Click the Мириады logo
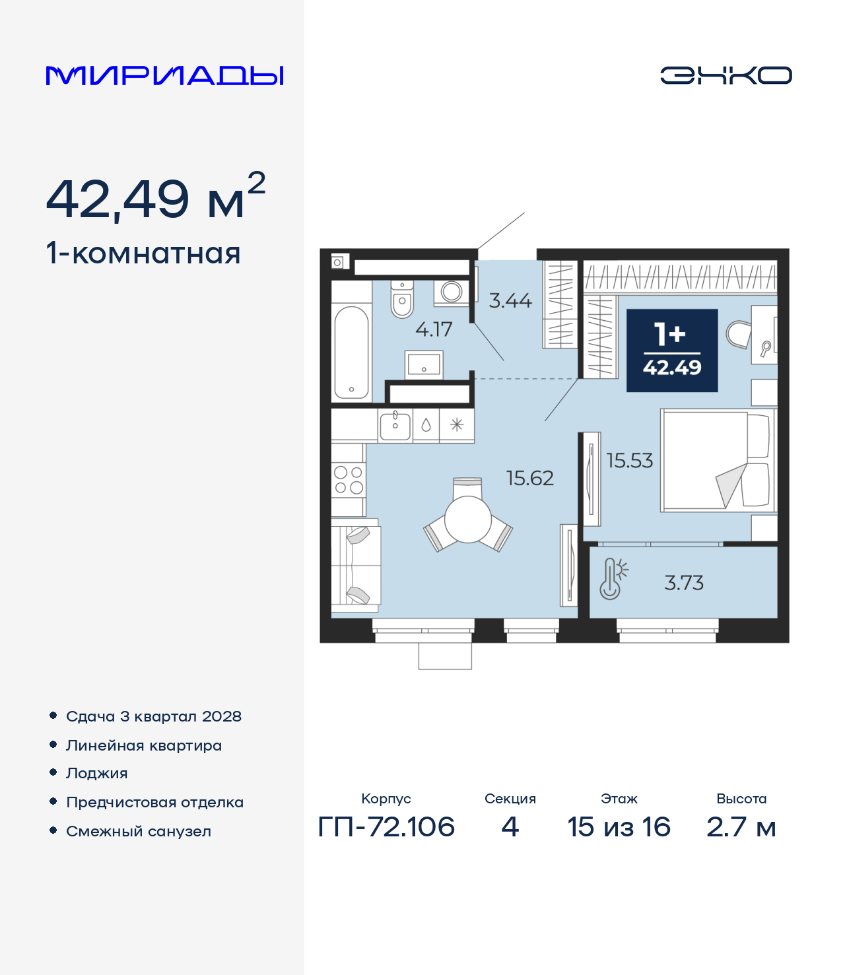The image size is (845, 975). click(164, 75)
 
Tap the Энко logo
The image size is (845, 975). click(726, 75)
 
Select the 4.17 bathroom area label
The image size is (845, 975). click(434, 329)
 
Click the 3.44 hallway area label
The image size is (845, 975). click(510, 300)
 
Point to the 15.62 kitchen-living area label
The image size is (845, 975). click(530, 479)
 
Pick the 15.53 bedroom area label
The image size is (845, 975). click(630, 460)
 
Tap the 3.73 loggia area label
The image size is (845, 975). click(684, 583)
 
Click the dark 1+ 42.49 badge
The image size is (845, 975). click(672, 351)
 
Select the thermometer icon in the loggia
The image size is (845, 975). click(613, 579)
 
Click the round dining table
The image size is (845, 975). click(468, 520)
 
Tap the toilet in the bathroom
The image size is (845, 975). click(402, 299)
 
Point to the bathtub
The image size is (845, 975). click(351, 353)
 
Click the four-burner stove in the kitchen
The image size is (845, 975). click(349, 480)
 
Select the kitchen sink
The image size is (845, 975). click(395, 426)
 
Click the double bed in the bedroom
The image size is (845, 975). click(718, 460)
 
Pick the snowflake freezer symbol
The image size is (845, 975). click(457, 425)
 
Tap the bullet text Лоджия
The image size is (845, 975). click(97, 774)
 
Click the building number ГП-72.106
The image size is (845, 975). click(386, 826)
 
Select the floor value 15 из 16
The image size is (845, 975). click(619, 826)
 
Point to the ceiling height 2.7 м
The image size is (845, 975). click(741, 826)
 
